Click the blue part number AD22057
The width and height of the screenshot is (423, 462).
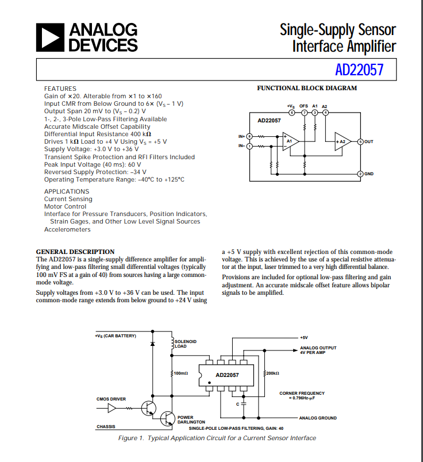359,70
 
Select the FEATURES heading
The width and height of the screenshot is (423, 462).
60,88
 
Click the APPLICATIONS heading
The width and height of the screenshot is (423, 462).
67,191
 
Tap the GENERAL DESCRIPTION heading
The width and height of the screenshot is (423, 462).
75,252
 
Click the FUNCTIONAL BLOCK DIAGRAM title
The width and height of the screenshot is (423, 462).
307,88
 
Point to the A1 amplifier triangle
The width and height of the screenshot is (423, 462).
290,141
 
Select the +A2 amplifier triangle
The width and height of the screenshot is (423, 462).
343,141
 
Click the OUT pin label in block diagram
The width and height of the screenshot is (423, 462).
369,141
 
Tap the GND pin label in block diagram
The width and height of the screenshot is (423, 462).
369,174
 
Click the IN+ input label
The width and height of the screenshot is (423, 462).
241,136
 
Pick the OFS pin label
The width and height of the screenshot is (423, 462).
304,106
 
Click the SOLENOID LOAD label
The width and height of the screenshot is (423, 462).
185,344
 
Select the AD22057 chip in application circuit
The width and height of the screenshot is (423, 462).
228,375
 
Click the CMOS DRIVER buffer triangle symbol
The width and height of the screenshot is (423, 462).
113,408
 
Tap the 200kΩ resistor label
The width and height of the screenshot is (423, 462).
272,374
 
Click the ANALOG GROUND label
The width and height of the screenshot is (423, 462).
318,418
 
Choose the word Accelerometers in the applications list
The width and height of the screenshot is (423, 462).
67,229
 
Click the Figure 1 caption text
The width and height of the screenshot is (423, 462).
217,438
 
